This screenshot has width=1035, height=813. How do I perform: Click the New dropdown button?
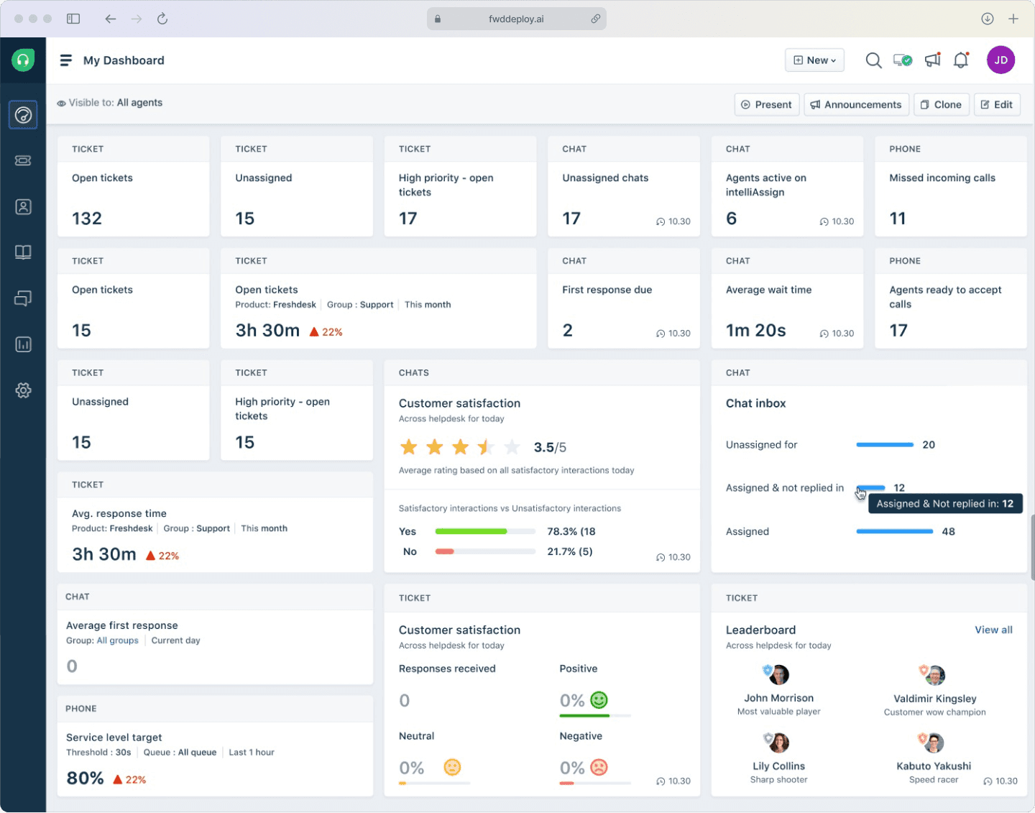tap(814, 60)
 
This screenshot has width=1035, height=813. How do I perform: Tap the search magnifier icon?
tap(873, 60)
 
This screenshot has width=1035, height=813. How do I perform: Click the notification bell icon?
tap(961, 60)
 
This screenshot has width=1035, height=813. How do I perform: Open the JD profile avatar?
tap(1000, 60)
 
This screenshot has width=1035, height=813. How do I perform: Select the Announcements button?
tap(856, 105)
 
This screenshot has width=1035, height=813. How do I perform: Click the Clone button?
tap(941, 105)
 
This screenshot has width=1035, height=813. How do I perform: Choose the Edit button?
tap(996, 105)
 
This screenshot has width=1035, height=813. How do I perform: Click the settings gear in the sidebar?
tap(23, 390)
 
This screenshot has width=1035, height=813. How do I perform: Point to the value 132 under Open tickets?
tap(87, 219)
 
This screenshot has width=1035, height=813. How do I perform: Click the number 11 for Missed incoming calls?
tap(897, 219)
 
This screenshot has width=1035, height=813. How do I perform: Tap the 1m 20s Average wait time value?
tap(755, 331)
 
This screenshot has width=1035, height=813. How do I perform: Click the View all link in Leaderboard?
tap(993, 630)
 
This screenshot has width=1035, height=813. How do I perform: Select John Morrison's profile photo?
tap(779, 675)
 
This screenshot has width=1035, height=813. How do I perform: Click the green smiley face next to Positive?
tap(599, 700)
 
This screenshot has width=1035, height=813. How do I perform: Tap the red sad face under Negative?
tap(599, 767)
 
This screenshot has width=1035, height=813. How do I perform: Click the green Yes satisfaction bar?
tap(471, 531)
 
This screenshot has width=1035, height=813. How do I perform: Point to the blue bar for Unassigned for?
tap(885, 445)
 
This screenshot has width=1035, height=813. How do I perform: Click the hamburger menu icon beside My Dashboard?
tap(65, 60)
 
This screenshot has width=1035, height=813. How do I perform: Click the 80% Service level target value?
tap(86, 778)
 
